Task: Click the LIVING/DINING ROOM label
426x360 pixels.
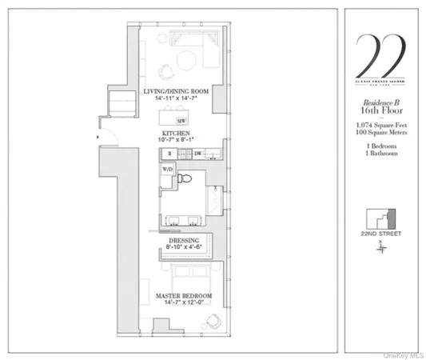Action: click(x=176, y=92)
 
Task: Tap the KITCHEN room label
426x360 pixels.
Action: click(x=176, y=132)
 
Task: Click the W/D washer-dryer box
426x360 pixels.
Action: click(x=168, y=170)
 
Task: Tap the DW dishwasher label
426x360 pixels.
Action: click(x=197, y=152)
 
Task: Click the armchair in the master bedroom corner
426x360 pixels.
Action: click(x=213, y=321)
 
